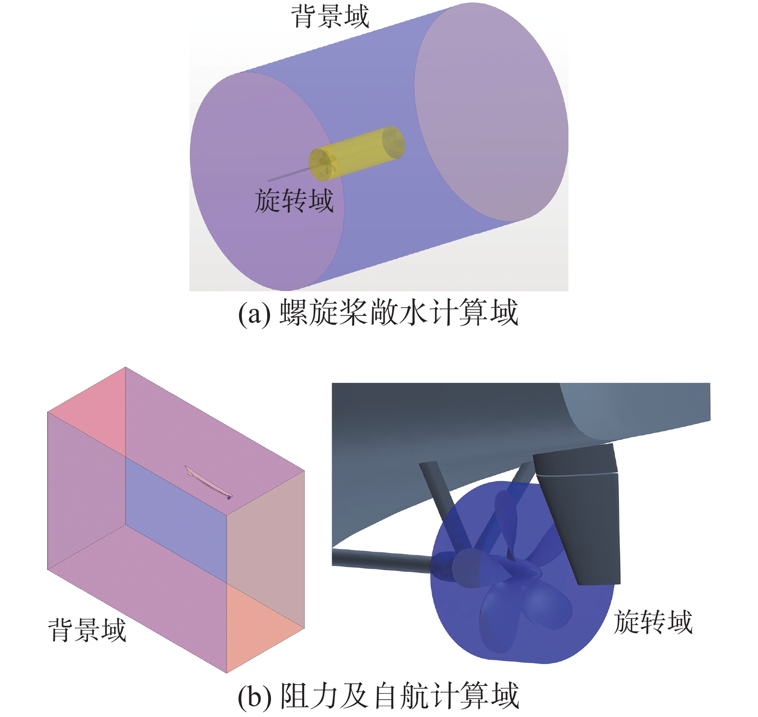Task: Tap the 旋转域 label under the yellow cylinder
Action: tap(294, 201)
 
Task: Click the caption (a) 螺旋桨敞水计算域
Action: tap(378, 313)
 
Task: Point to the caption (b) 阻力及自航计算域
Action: tap(378, 696)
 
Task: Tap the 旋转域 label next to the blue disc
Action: tap(653, 622)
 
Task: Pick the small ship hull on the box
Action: tap(208, 483)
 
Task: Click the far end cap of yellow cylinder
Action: tap(393, 142)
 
